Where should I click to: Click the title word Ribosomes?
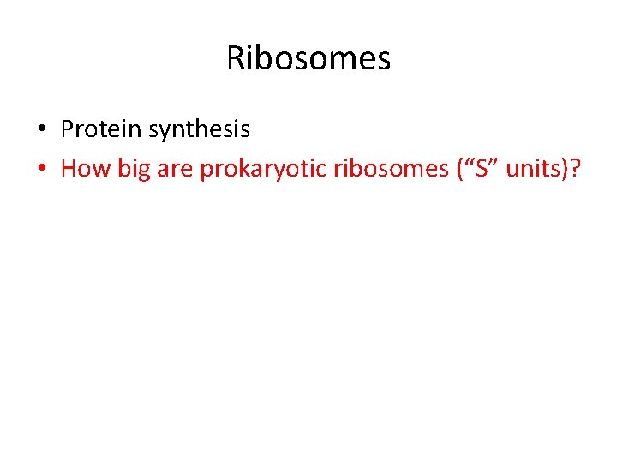(x=308, y=59)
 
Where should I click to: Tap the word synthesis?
(x=200, y=130)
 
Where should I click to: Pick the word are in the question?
(x=175, y=169)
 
